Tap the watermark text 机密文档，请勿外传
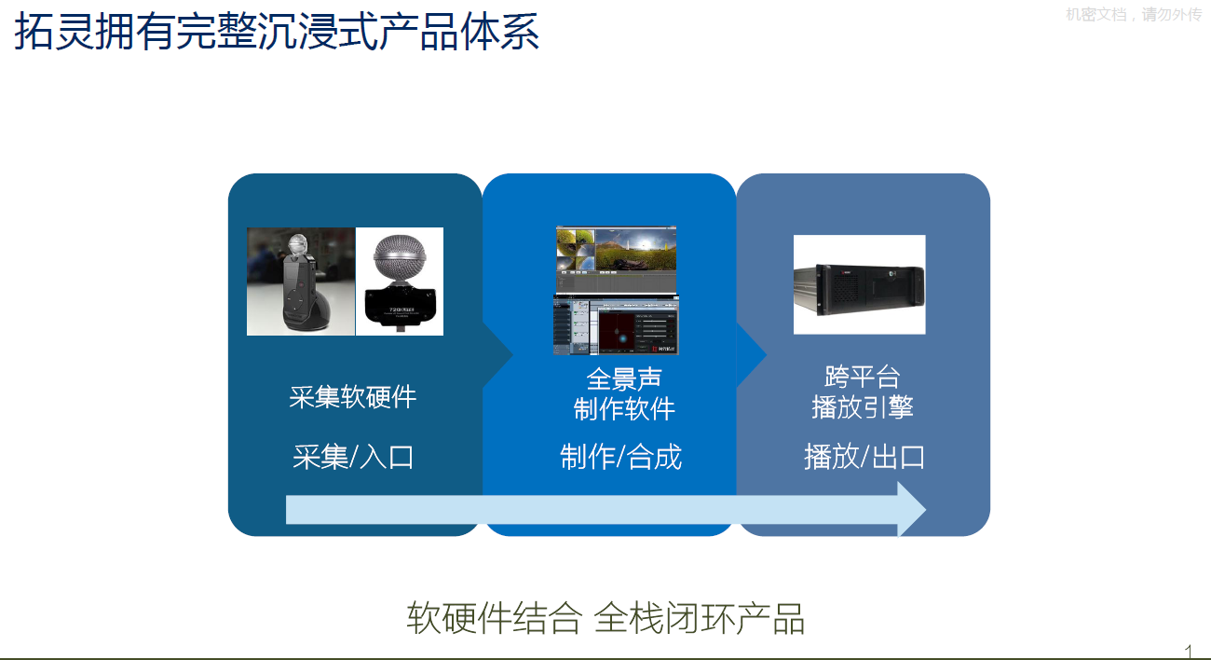1133,15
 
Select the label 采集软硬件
352,397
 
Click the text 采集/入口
352,457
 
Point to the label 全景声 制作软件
623,394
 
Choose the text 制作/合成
620,457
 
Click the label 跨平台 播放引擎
862,392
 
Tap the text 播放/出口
864,457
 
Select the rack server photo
859,284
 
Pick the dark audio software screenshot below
616,325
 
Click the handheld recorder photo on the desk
301,281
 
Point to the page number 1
1188,650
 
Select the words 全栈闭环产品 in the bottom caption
699,619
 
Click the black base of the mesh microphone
400,309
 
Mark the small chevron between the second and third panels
753,354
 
